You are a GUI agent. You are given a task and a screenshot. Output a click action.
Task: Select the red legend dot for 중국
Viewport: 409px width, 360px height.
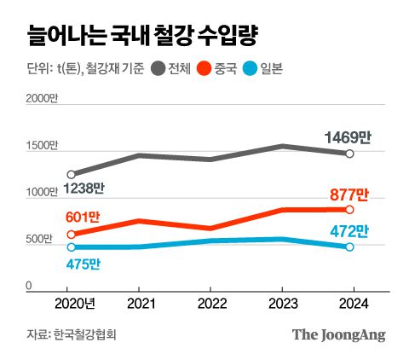(204, 69)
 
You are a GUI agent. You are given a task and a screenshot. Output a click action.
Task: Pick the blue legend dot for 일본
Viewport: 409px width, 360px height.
(251, 69)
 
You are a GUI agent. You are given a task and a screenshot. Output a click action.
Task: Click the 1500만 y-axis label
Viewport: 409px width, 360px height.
(41, 147)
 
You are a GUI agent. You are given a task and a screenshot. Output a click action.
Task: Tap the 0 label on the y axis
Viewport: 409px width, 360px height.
(28, 287)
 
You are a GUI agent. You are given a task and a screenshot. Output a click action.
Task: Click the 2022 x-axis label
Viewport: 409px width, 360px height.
(210, 305)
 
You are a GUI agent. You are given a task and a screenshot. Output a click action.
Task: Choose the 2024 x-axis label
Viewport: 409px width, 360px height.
(349, 305)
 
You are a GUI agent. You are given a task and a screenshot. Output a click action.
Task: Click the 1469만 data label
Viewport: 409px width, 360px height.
(348, 136)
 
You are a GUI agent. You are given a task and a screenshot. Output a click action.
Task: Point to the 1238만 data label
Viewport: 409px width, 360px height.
(83, 189)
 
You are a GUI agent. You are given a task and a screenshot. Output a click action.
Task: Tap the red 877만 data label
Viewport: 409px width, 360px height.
(349, 195)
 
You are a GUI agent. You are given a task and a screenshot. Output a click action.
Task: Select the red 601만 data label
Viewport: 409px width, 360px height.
(83, 218)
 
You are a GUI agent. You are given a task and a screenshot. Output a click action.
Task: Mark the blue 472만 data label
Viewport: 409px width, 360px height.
(349, 230)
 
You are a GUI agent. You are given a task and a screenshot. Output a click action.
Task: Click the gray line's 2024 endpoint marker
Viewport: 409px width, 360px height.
(349, 154)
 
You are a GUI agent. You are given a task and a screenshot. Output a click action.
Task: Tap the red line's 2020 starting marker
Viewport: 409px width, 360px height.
(71, 234)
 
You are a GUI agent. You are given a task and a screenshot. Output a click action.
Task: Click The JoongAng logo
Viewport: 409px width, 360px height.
(338, 334)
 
